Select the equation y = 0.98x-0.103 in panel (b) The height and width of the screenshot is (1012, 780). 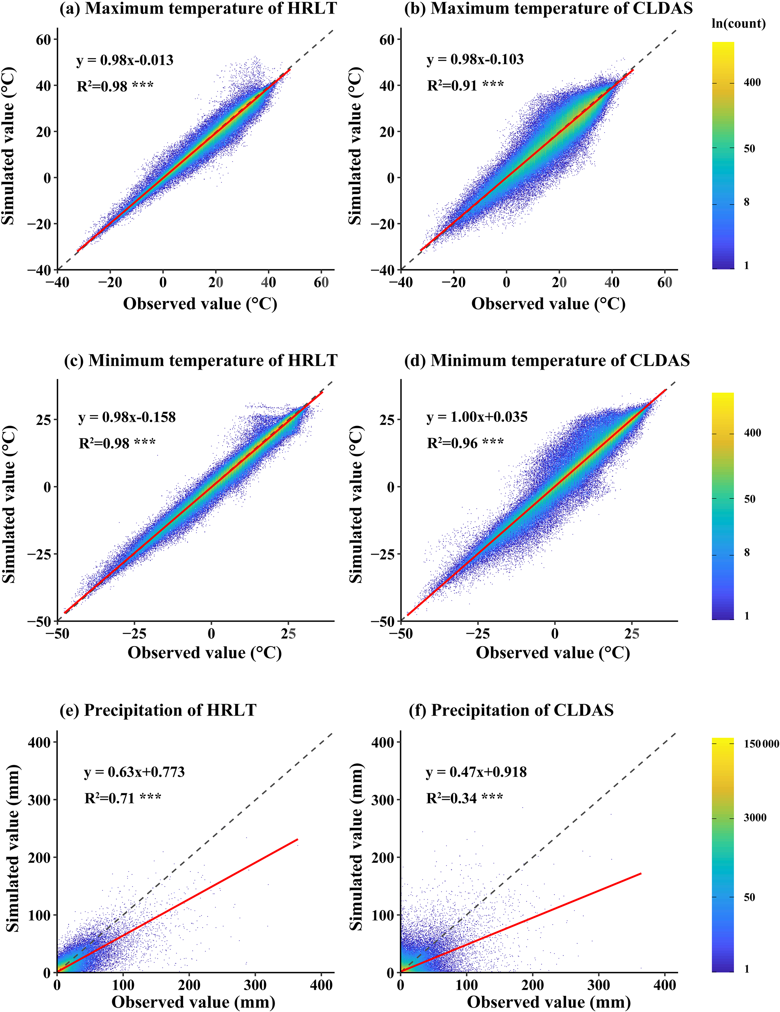pyautogui.click(x=475, y=59)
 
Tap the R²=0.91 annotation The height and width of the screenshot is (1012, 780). pyautogui.click(x=465, y=85)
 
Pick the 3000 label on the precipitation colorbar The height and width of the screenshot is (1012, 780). pyautogui.click(x=755, y=818)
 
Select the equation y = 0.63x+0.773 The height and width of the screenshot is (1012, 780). pyautogui.click(x=134, y=772)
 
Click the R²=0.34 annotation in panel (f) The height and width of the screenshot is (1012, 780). pyautogui.click(x=464, y=798)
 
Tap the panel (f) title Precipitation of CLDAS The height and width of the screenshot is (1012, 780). pyautogui.click(x=511, y=710)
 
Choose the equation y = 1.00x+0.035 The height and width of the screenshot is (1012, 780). pyautogui.click(x=477, y=417)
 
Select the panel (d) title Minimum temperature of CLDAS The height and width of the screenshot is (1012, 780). pyautogui.click(x=547, y=361)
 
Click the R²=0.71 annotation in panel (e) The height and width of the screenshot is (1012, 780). pyautogui.click(x=123, y=798)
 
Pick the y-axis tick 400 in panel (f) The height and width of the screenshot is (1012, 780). pyautogui.click(x=383, y=742)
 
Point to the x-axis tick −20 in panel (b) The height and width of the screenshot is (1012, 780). pyautogui.click(x=454, y=282)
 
